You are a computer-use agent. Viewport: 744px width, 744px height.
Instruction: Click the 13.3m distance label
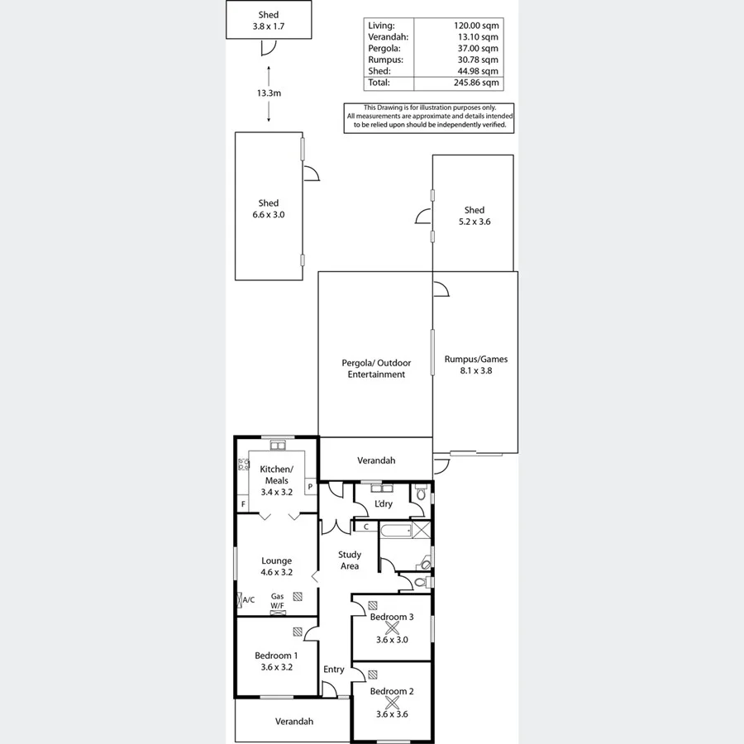pyautogui.click(x=268, y=93)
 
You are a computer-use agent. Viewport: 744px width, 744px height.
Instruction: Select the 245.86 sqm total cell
pyautogui.click(x=479, y=83)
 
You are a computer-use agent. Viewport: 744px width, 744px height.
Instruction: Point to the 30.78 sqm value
pyautogui.click(x=479, y=60)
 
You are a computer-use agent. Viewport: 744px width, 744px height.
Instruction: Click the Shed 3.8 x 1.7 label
pyautogui.click(x=268, y=21)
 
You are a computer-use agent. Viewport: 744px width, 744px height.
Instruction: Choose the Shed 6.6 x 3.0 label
pyautogui.click(x=268, y=208)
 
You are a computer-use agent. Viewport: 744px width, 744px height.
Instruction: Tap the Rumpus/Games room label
pyautogui.click(x=475, y=365)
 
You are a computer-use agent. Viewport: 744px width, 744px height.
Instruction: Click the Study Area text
pyautogui.click(x=349, y=560)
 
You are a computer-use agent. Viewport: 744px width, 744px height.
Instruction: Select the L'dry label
pyautogui.click(x=383, y=504)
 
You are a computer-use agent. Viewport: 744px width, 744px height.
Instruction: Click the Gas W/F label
pyautogui.click(x=278, y=601)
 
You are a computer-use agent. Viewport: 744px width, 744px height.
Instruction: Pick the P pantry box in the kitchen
pyautogui.click(x=310, y=487)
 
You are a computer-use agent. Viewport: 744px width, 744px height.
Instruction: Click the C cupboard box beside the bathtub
pyautogui.click(x=365, y=526)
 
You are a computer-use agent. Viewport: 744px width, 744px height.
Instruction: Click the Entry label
pyautogui.click(x=334, y=670)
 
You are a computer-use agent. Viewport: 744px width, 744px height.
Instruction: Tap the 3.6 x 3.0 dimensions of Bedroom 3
pyautogui.click(x=392, y=639)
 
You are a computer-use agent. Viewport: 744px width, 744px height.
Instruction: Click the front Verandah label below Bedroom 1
pyautogui.click(x=294, y=722)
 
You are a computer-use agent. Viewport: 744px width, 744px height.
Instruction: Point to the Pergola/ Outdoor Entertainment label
pyautogui.click(x=376, y=369)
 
